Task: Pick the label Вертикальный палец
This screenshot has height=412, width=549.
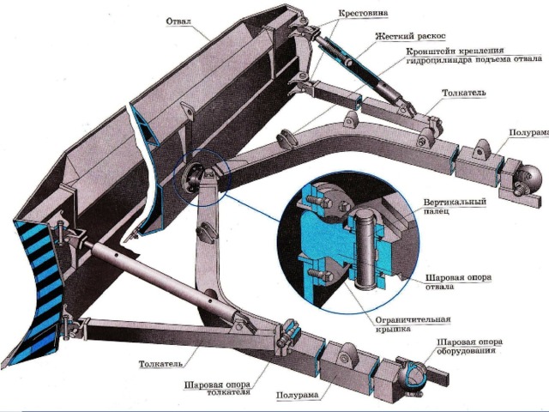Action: (x=455, y=206)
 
